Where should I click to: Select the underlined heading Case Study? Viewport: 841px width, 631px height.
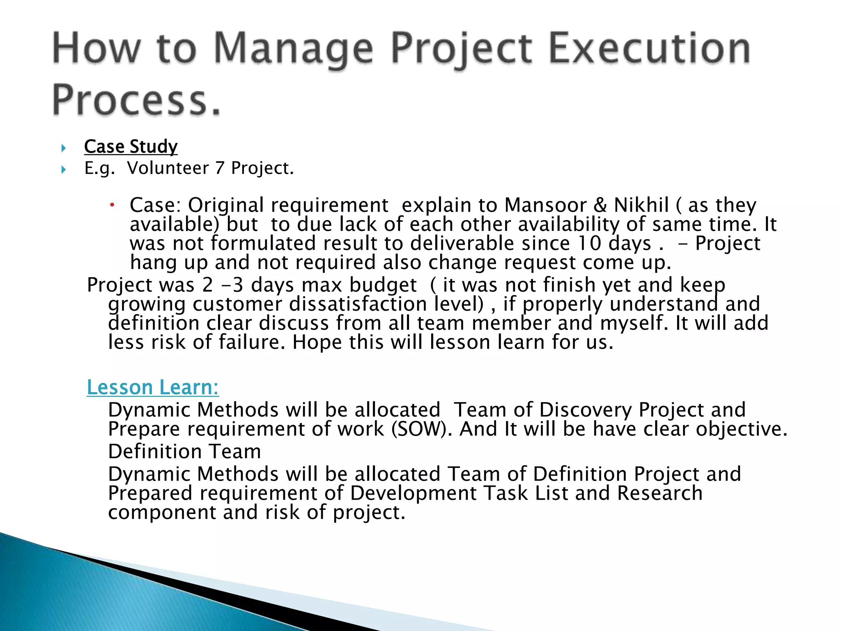click(131, 147)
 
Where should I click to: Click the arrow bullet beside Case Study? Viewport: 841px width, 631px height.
click(63, 148)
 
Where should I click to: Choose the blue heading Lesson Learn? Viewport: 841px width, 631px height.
click(153, 387)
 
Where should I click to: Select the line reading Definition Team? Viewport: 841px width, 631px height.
click(184, 451)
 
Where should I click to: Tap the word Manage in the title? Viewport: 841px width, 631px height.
click(293, 49)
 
